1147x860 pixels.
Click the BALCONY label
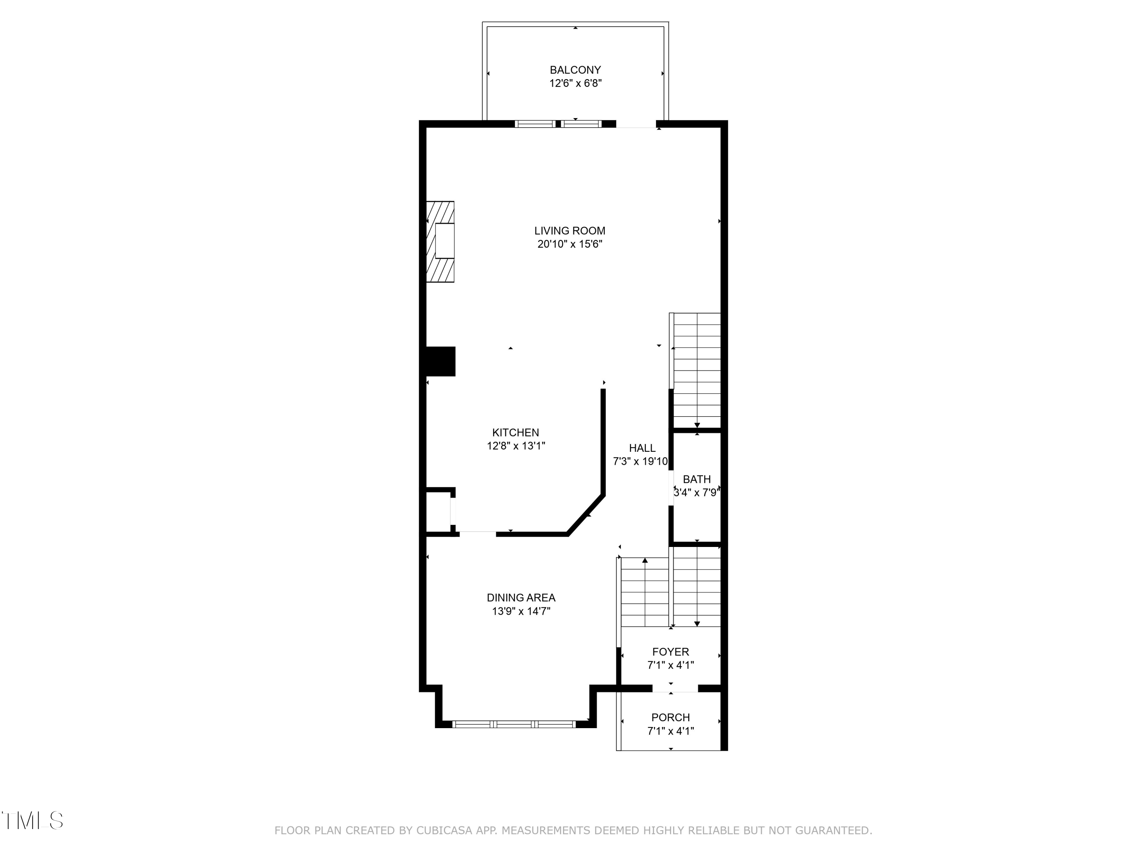[575, 70]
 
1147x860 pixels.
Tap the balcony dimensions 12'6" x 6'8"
[575, 83]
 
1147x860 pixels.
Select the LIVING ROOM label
[570, 231]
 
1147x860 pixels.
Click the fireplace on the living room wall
[440, 242]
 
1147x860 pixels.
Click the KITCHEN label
[515, 432]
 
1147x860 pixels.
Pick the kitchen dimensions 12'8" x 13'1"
[516, 446]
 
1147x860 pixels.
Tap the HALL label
[642, 448]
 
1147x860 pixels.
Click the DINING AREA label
[521, 598]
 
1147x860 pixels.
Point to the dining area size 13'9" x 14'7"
[521, 611]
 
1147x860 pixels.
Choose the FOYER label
[671, 652]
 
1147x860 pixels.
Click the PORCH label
[671, 718]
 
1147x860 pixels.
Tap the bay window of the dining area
[514, 724]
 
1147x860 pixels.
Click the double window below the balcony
[558, 124]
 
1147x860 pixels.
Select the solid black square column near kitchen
[440, 361]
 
